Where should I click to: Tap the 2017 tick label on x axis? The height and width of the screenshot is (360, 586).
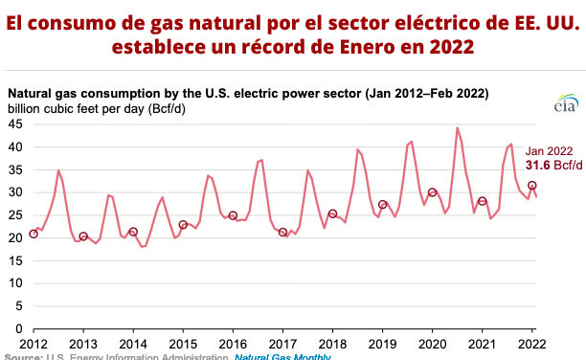click(x=282, y=343)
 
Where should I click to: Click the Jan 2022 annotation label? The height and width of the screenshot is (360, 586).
click(x=549, y=150)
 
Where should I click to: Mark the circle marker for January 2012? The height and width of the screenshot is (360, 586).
click(x=34, y=234)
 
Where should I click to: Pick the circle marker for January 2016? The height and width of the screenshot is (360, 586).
click(x=233, y=215)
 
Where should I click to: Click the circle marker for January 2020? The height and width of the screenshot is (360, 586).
click(x=432, y=192)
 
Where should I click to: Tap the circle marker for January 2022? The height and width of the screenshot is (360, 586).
click(x=531, y=185)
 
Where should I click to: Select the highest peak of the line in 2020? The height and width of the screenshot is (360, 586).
click(x=457, y=127)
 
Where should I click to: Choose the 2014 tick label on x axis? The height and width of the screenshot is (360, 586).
click(x=133, y=343)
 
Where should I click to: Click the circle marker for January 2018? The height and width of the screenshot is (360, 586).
click(x=332, y=214)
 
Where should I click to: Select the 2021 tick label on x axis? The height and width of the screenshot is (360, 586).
click(x=482, y=343)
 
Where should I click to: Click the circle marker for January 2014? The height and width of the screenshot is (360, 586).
click(x=133, y=232)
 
